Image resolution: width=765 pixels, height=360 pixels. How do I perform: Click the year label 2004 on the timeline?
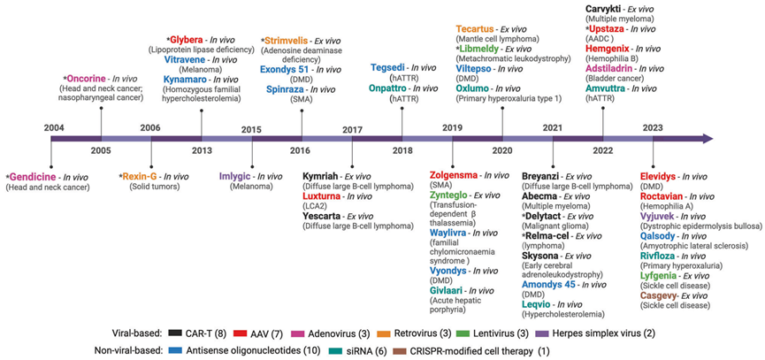[54, 129]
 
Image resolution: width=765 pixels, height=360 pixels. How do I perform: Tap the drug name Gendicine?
[31, 178]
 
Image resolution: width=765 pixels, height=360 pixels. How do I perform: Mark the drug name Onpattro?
[392, 89]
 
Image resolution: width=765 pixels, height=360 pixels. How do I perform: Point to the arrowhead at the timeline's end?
[706, 139]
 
